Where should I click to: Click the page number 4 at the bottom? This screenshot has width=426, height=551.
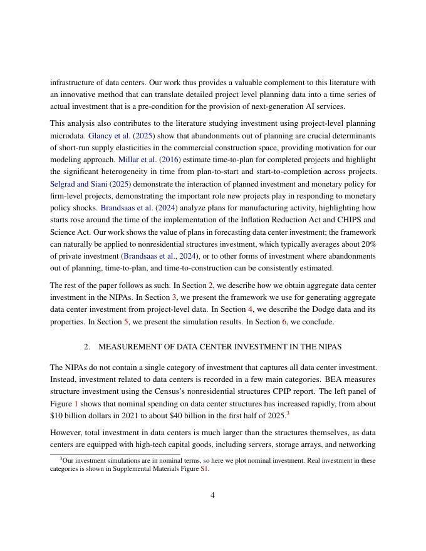(x=213, y=495)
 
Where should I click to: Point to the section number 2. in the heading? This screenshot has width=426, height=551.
(x=87, y=346)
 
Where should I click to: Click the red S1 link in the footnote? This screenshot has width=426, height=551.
(x=204, y=469)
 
